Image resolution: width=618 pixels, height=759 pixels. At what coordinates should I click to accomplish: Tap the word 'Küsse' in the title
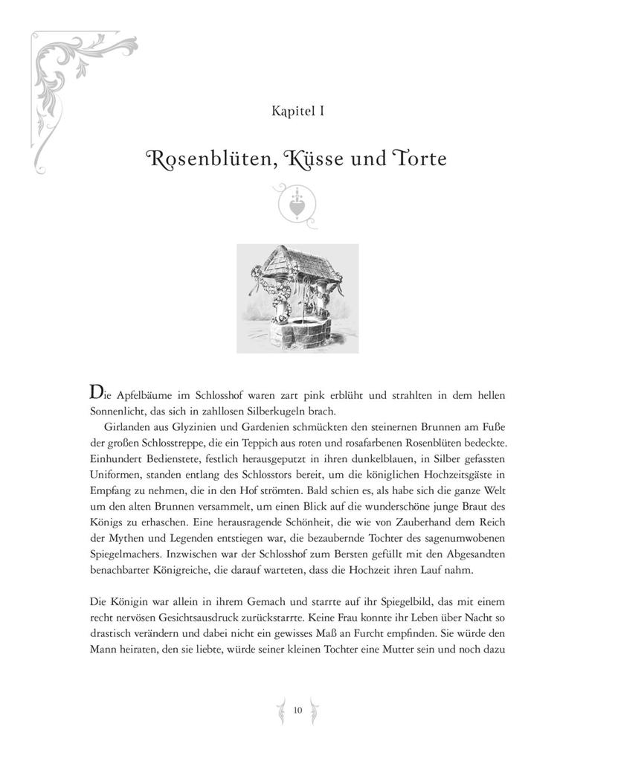tap(307, 159)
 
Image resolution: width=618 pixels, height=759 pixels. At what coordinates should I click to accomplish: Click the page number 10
tap(297, 710)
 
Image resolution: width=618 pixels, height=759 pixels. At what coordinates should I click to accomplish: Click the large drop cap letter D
tap(96, 392)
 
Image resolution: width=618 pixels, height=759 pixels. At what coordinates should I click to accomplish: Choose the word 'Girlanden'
tap(128, 428)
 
